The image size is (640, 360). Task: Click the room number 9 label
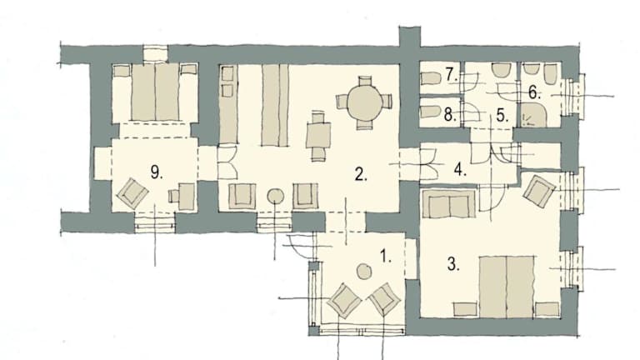click(157, 172)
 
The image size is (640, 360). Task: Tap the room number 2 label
click(361, 174)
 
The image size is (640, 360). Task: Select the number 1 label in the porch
click(386, 256)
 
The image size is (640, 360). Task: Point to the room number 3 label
click(453, 263)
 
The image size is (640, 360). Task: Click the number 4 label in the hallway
click(460, 169)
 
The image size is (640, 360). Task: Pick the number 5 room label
click(502, 116)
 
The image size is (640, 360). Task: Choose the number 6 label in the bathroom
click(534, 92)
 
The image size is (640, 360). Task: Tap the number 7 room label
click(452, 75)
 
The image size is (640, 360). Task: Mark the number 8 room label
click(450, 115)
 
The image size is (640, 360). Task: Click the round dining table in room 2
click(364, 102)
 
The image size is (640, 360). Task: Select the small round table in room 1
click(363, 272)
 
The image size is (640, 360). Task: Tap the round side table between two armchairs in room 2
click(276, 197)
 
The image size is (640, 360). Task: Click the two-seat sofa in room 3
click(449, 203)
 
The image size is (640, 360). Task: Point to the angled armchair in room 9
click(132, 193)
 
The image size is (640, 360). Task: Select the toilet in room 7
click(430, 77)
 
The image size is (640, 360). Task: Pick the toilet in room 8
click(430, 112)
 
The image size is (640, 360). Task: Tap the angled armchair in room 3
click(540, 189)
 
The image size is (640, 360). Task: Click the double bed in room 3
click(507, 287)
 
